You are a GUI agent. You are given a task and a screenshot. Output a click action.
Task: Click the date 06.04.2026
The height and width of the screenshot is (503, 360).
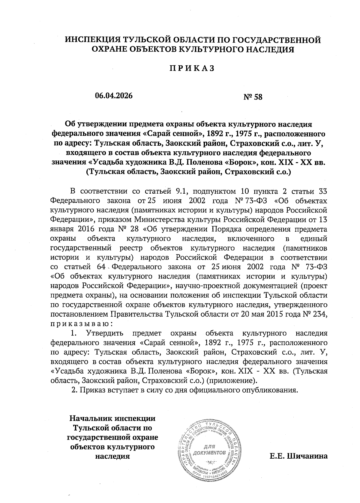click(114, 96)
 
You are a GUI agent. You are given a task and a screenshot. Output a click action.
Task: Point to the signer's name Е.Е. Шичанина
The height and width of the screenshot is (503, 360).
click(298, 456)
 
